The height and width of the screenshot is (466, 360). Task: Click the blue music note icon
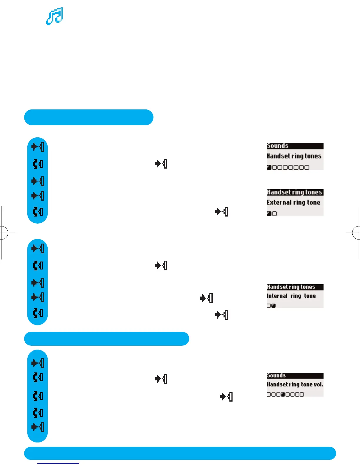[x=55, y=16]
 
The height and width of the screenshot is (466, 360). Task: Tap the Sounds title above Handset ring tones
[x=277, y=146]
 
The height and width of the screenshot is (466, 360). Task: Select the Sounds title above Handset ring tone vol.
[x=276, y=376]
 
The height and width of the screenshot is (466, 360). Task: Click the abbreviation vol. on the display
[x=319, y=385]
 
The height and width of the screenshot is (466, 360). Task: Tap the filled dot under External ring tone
[x=269, y=214]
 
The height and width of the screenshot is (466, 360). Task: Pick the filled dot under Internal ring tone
[x=274, y=306]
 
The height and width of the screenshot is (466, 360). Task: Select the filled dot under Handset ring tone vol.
[x=283, y=395]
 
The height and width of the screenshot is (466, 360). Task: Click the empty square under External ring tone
[x=274, y=214]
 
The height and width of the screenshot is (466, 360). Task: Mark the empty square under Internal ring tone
[x=269, y=306]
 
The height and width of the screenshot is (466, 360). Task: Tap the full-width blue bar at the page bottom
[x=180, y=453]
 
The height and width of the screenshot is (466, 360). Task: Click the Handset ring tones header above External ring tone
[x=294, y=192]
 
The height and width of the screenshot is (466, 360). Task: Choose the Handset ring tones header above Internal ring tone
[x=291, y=287]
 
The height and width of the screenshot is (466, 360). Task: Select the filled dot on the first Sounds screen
[x=269, y=168]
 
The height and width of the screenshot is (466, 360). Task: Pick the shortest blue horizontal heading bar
[x=89, y=117]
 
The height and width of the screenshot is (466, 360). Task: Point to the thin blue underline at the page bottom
[x=58, y=464]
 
